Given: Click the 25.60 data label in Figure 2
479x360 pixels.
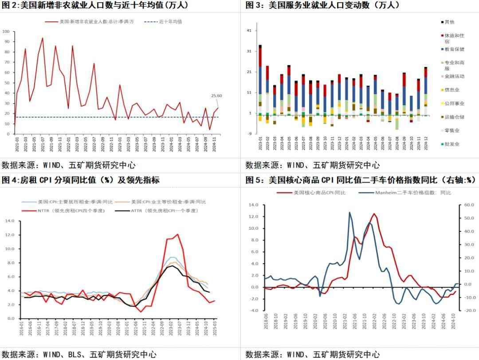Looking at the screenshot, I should click(x=216, y=96).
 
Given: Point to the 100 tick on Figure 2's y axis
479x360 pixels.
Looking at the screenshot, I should click(x=6, y=31).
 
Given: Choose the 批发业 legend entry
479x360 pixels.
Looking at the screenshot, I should click(x=452, y=144).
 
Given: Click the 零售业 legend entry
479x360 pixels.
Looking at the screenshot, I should click(x=452, y=130).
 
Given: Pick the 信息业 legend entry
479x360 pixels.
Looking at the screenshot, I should click(x=452, y=90).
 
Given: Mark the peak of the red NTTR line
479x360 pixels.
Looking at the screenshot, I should click(x=177, y=234).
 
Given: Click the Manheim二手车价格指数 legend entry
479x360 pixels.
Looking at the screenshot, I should click(x=412, y=193).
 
